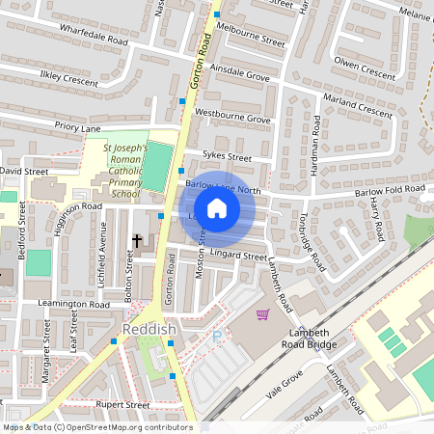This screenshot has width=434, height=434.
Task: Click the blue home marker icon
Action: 217,207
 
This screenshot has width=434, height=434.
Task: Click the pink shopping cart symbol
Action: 262,314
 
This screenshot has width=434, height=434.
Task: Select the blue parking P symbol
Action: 217,338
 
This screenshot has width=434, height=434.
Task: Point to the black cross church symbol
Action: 137,240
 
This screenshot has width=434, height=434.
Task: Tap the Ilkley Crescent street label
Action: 69,79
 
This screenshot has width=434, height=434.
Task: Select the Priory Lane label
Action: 78,126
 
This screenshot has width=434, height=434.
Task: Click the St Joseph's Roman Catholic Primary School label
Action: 125,171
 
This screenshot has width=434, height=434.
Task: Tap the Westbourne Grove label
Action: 233,118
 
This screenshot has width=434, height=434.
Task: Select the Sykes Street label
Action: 227,156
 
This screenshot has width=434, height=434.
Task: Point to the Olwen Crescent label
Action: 364,68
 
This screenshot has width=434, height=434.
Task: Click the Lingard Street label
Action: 240,257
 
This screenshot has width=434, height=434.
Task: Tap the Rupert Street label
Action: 122,405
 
